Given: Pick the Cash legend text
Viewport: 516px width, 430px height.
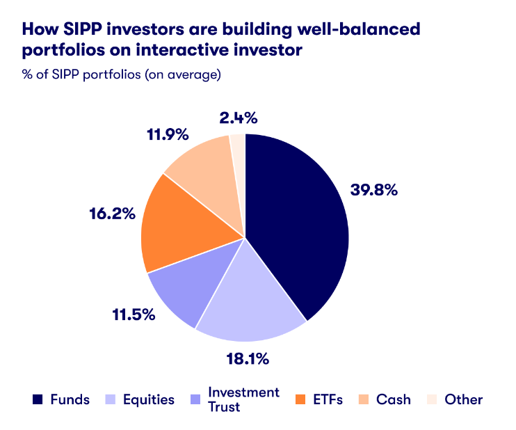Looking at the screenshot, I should click(x=393, y=399).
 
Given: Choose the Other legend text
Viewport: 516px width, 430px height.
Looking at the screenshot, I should click(x=464, y=399).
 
